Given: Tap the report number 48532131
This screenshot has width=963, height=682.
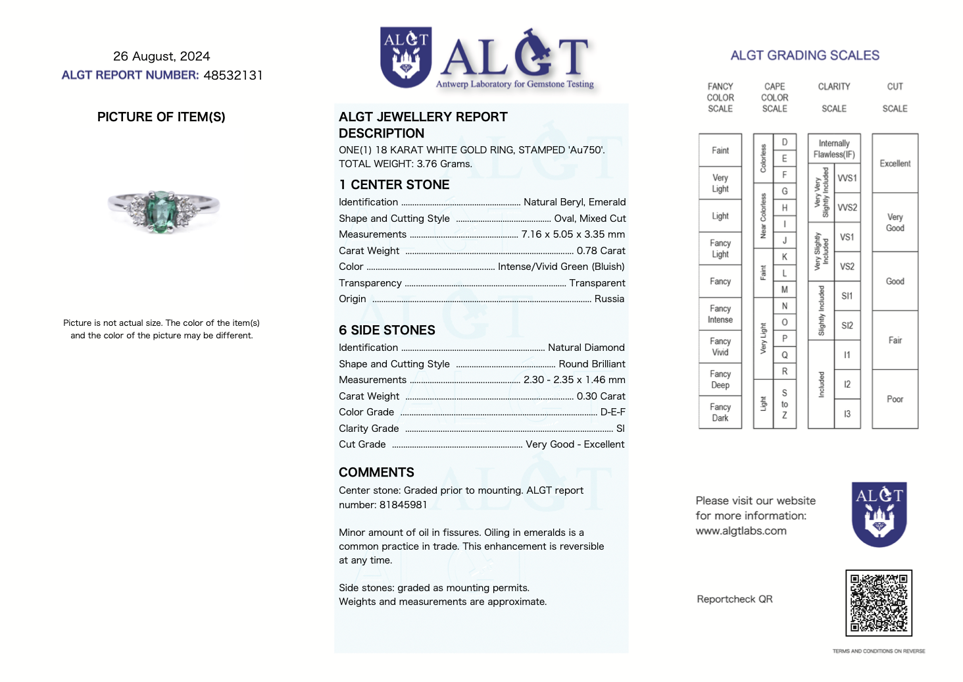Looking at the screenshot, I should click(x=233, y=75).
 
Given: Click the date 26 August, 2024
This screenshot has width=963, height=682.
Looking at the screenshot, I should click(x=161, y=57).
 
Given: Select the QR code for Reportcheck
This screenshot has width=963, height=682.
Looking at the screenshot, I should click(x=878, y=602).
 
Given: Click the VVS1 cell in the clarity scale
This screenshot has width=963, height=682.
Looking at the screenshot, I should click(x=847, y=178).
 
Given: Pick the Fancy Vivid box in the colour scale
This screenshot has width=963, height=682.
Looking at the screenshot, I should click(x=720, y=347).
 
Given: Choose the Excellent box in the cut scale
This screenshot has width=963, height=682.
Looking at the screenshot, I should click(x=895, y=163).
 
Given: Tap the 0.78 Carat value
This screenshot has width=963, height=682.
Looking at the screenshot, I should click(x=601, y=251).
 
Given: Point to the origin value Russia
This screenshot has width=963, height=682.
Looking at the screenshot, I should click(x=609, y=299).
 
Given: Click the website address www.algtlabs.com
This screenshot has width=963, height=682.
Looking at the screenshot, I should click(x=741, y=531).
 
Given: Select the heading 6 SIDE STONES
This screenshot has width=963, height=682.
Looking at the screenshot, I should click(x=387, y=330).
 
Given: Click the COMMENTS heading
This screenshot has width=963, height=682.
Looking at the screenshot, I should click(x=376, y=473).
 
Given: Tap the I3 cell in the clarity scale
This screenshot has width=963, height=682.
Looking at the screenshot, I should click(x=847, y=414).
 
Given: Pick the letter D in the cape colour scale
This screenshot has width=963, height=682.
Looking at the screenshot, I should click(x=784, y=142).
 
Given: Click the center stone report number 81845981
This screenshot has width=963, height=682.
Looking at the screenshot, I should click(x=403, y=505).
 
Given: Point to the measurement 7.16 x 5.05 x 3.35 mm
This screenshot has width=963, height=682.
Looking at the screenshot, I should click(x=573, y=234).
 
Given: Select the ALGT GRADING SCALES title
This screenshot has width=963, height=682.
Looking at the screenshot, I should click(x=804, y=55).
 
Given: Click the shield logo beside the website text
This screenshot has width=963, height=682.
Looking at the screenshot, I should click(x=879, y=514).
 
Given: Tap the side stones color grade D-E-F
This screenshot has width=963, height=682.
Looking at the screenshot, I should click(x=612, y=412).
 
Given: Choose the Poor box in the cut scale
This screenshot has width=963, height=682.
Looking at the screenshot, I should click(x=895, y=399).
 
